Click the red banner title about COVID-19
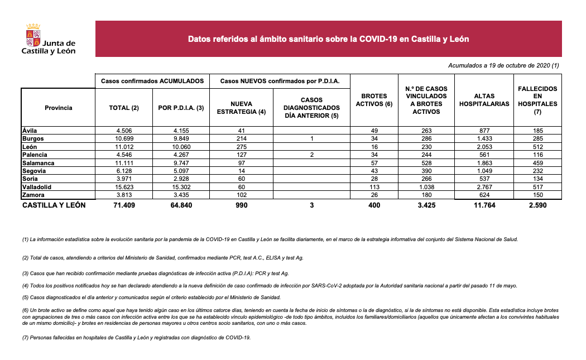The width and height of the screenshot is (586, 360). pos(328,39)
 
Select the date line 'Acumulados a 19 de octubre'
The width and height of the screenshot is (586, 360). pos(503,66)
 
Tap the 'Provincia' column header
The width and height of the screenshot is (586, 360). pos(58,108)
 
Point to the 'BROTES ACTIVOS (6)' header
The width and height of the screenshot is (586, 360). pos(374,100)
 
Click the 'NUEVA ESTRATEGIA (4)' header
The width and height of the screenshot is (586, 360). pos(241,108)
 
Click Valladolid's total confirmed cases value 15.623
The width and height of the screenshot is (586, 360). pos(123,187)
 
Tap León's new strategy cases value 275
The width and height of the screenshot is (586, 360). pos(241,146)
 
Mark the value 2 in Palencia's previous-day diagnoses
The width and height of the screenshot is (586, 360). pos(311,155)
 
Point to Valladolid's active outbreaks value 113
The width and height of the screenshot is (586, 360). pos(374,187)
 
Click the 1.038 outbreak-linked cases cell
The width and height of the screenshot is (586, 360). pos(426,187)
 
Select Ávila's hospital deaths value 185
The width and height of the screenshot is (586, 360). pos(537,130)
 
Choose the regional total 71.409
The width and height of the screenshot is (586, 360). pos(123,205)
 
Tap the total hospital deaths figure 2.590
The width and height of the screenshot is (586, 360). pos(537,205)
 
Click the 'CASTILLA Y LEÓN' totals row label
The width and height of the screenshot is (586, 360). pos(54,205)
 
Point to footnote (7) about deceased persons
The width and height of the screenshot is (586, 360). pos(137,338)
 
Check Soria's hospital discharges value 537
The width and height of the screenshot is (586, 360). pos(484,179)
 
